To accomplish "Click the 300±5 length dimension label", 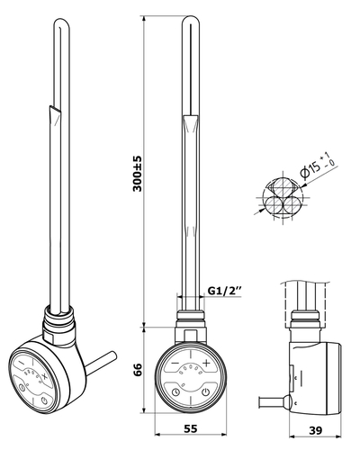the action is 138,174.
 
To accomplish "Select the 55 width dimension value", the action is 190,428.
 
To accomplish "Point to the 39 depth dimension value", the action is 315,430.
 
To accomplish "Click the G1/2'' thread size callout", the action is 224,291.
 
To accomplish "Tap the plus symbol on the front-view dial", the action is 206,363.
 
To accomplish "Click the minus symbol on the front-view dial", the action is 175,363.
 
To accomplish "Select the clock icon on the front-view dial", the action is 175,391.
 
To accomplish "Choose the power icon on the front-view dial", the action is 205,391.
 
